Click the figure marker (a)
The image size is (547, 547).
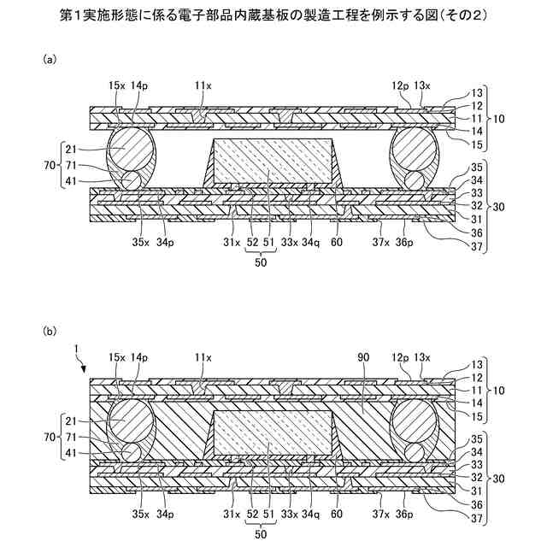[x=50, y=61]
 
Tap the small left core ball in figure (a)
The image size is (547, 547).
[x=133, y=180]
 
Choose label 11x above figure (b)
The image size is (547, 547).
[x=203, y=356]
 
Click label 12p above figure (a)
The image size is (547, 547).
[x=401, y=85]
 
